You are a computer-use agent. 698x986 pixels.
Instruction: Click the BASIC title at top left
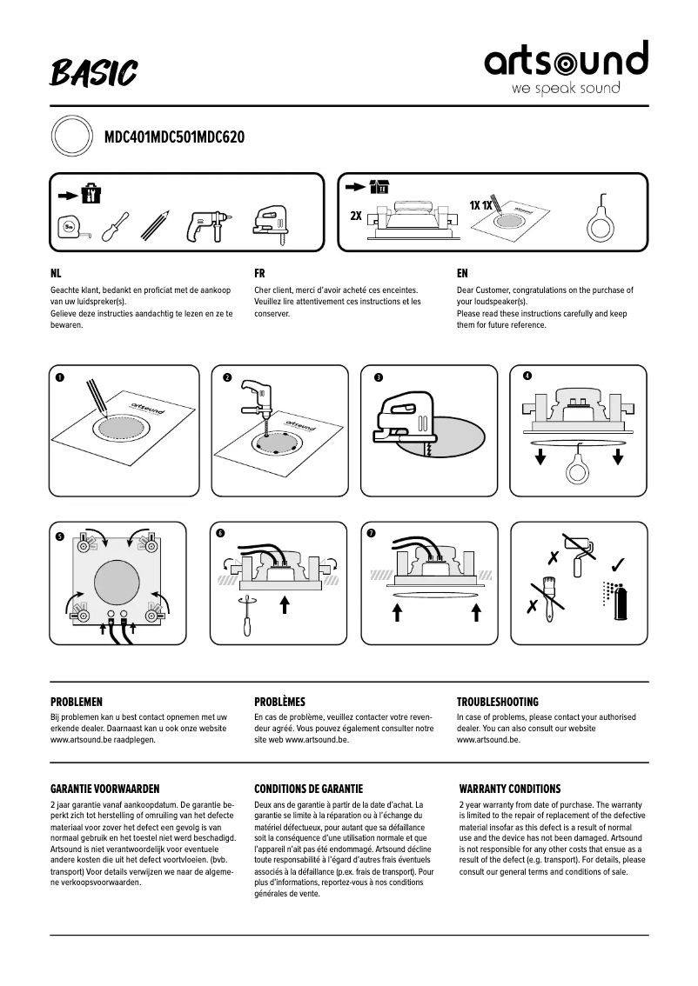point(94,73)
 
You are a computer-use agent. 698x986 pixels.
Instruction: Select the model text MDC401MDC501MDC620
point(174,137)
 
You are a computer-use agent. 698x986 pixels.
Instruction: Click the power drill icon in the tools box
point(205,226)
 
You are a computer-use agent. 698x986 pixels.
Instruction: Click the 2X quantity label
point(356,214)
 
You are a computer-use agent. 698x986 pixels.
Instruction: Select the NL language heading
point(57,272)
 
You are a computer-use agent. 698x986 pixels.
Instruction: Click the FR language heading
point(259,272)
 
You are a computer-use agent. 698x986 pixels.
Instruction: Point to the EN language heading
point(462,272)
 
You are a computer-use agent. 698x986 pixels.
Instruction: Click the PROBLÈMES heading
point(279,701)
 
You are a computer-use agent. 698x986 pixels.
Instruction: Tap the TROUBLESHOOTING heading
point(498,701)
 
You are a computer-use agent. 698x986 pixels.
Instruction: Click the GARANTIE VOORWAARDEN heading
point(105,789)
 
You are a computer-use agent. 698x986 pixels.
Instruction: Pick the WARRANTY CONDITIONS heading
point(510,789)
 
